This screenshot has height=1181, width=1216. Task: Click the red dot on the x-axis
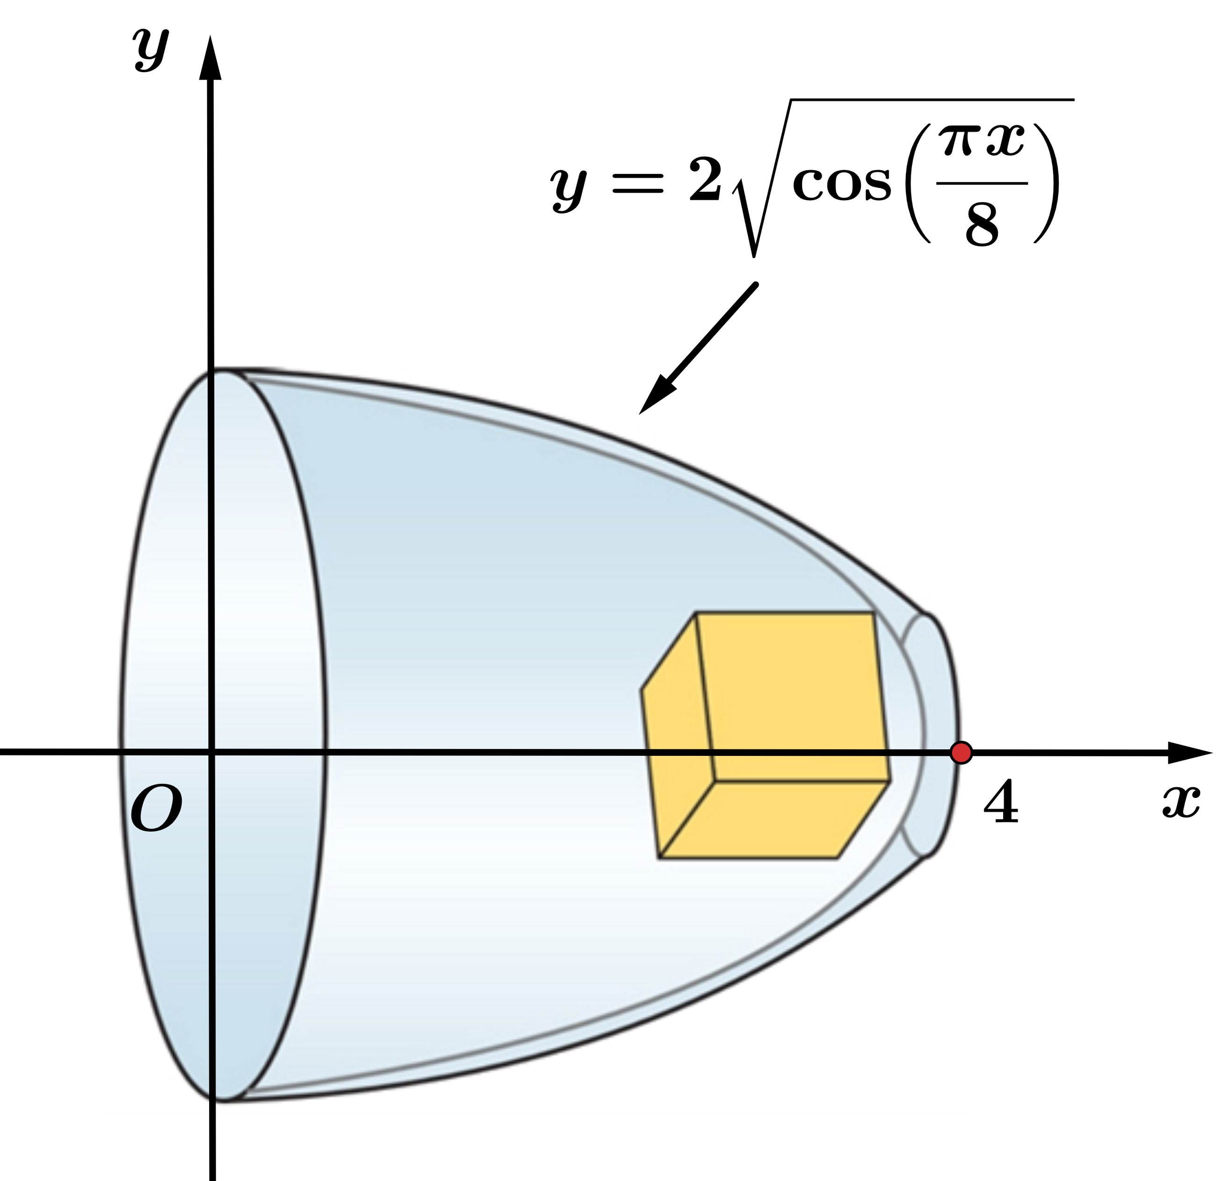pos(961,753)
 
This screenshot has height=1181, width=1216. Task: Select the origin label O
pos(156,808)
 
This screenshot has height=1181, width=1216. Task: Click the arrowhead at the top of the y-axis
pos(210,57)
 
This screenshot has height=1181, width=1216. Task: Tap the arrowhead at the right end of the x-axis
pos(1190,753)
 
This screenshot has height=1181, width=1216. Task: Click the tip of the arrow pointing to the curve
pos(640,413)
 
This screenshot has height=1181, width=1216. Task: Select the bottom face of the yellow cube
pos(773,819)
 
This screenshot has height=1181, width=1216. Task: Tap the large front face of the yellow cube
pos(793,696)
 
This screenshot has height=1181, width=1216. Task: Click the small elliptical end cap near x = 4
pos(931,736)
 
